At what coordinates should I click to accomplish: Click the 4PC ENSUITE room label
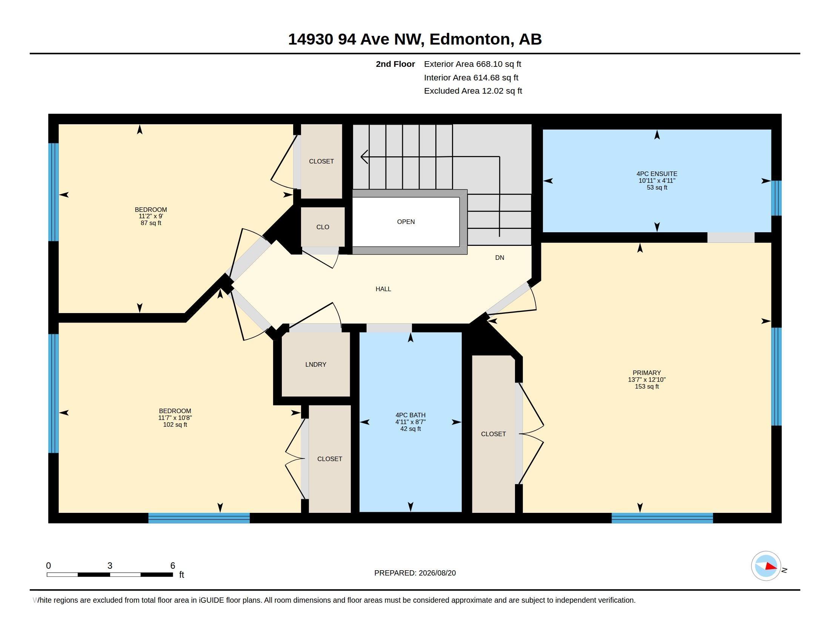point(657,174)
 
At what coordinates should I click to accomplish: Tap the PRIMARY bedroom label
point(646,373)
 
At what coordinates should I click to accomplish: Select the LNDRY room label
point(315,364)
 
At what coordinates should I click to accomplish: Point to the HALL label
point(383,289)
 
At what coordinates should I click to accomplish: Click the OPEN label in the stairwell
point(406,222)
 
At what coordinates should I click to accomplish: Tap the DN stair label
point(500,258)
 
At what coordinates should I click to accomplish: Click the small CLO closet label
point(323,227)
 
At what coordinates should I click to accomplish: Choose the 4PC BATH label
point(410,415)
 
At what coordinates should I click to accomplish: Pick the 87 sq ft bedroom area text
point(151,223)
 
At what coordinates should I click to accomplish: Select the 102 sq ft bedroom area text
point(175,424)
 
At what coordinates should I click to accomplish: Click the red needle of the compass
point(772,566)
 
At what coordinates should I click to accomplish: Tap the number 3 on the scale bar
point(110,566)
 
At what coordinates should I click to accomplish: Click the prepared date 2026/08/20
point(437,573)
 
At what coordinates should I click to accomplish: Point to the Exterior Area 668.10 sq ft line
point(472,64)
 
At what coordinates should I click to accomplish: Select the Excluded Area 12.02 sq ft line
point(473,91)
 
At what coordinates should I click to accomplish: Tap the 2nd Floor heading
point(395,64)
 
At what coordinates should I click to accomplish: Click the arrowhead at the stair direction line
point(364,157)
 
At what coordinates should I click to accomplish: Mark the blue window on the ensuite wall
point(776,198)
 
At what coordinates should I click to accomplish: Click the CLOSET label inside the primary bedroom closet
point(493,434)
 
